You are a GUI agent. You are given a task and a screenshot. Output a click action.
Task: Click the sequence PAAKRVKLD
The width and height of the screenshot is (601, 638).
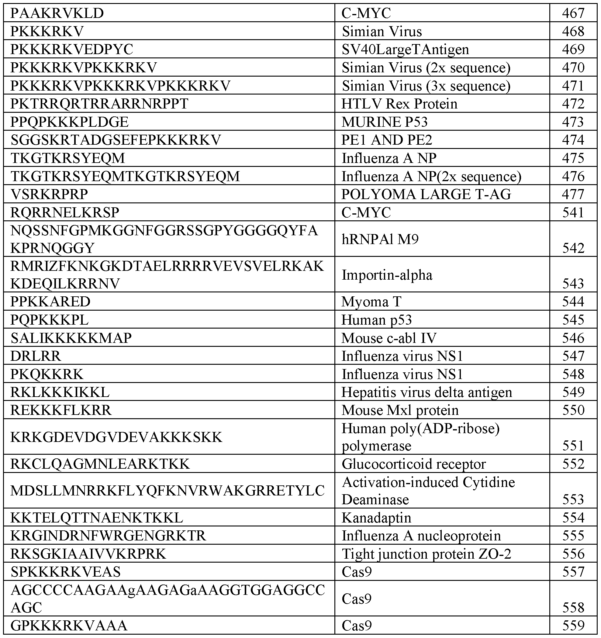[57, 13]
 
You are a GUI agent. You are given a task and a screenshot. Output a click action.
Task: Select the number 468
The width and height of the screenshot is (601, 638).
[573, 31]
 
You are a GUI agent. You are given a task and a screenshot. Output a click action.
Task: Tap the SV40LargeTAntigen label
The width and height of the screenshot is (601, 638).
[405, 50]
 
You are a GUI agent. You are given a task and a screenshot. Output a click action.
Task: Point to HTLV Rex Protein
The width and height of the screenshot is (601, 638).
[399, 104]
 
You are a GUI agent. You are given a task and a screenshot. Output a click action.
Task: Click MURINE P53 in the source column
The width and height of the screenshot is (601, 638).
[384, 122]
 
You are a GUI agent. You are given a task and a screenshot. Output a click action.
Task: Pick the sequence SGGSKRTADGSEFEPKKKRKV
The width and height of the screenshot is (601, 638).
[116, 140]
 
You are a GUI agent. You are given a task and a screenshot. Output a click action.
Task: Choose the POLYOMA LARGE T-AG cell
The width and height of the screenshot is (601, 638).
[426, 195]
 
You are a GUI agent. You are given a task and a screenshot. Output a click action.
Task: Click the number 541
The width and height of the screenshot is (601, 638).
[573, 212]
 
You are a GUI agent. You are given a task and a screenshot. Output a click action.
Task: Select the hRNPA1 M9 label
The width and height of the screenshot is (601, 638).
[380, 239]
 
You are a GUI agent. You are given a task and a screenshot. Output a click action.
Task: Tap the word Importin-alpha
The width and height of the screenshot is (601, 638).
[387, 275]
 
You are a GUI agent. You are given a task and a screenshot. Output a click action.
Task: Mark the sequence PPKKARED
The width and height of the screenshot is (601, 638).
[50, 302]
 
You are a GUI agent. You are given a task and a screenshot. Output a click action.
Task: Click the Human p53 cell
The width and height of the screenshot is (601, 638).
[376, 320]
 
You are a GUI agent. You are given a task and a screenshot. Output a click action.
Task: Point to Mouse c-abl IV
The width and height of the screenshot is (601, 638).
[389, 338]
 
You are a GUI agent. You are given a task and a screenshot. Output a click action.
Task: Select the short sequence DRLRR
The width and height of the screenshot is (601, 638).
[36, 356]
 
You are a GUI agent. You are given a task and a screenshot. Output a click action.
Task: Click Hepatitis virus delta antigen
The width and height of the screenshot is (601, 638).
[426, 392]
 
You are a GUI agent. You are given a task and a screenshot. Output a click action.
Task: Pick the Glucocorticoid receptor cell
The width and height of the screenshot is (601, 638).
[413, 464]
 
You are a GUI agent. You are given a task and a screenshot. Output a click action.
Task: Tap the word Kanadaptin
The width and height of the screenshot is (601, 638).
[376, 518]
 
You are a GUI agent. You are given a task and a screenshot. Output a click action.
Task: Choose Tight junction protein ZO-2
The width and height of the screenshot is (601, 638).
[426, 554]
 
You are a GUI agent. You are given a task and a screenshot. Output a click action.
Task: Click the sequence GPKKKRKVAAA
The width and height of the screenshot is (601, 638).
[69, 626]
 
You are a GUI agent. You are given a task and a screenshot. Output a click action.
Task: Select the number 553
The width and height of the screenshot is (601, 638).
[573, 499]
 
